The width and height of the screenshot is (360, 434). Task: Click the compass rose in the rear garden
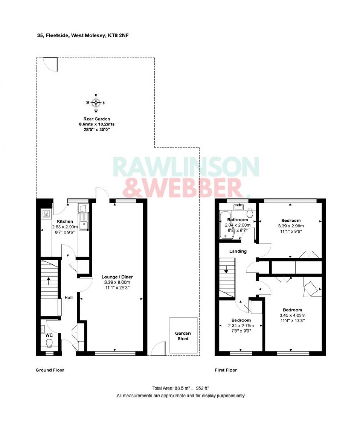pyautogui.click(x=96, y=103)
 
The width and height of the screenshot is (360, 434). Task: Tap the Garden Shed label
pyautogui.click(x=183, y=336)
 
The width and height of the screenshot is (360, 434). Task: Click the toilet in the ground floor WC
pyautogui.click(x=49, y=343)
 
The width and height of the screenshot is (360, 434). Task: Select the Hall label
pyautogui.click(x=68, y=298)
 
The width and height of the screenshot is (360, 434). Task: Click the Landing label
pyautogui.click(x=238, y=251)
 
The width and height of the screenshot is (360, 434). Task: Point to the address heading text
pyautogui.click(x=81, y=35)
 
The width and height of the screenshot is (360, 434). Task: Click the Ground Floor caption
pyautogui.click(x=50, y=370)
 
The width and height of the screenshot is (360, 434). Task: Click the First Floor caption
pyautogui.click(x=226, y=370)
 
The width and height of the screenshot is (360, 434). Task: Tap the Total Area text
pyautogui.click(x=181, y=388)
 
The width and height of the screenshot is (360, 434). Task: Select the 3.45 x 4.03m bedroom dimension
pyautogui.click(x=292, y=316)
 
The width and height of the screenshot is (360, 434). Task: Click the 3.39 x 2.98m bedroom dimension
pyautogui.click(x=291, y=226)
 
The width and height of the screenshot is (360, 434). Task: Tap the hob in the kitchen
pyautogui.click(x=46, y=214)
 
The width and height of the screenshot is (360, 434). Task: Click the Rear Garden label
pyautogui.click(x=97, y=119)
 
